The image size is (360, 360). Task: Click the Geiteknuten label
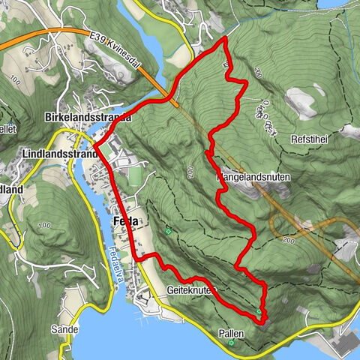click(187, 288)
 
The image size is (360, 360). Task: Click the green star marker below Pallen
click(232, 343)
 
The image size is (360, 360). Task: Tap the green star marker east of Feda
click(168, 231)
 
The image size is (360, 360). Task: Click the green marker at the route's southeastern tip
click(259, 312)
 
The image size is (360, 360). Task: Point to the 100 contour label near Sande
click(43, 226)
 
